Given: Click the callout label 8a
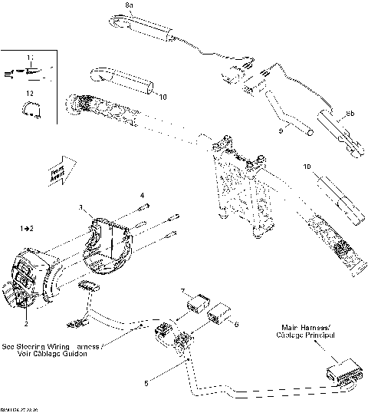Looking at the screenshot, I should pos(130,5).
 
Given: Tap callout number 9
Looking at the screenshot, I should pos(281,131).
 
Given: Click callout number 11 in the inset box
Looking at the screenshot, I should pos(30,58).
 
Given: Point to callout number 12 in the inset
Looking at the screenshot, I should pos(29,93).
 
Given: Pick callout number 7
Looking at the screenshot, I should pos(182,291).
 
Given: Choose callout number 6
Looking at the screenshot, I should pos(236,325).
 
